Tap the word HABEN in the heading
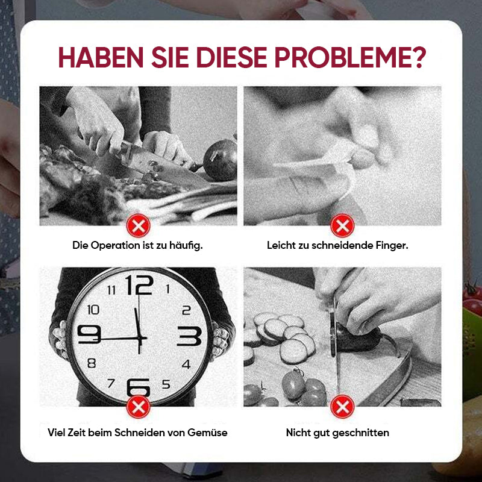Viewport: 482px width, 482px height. (x=101, y=57)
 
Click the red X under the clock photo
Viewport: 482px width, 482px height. (x=139, y=407)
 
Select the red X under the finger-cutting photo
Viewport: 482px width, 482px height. (x=342, y=226)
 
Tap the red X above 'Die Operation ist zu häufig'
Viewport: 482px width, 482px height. (x=139, y=226)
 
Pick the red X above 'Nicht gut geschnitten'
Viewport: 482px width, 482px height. (x=342, y=407)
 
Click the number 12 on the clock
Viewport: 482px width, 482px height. (x=139, y=285)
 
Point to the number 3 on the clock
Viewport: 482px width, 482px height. (x=190, y=336)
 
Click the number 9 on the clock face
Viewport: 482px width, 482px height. (x=89, y=334)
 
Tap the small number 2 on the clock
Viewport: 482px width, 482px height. (x=186, y=310)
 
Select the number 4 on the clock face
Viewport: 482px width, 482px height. (x=186, y=365)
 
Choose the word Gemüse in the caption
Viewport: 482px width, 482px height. (x=207, y=433)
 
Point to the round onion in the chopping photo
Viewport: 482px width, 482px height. (x=221, y=160)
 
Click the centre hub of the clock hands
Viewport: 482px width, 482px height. (x=140, y=339)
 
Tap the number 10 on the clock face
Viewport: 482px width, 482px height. (x=93, y=310)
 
